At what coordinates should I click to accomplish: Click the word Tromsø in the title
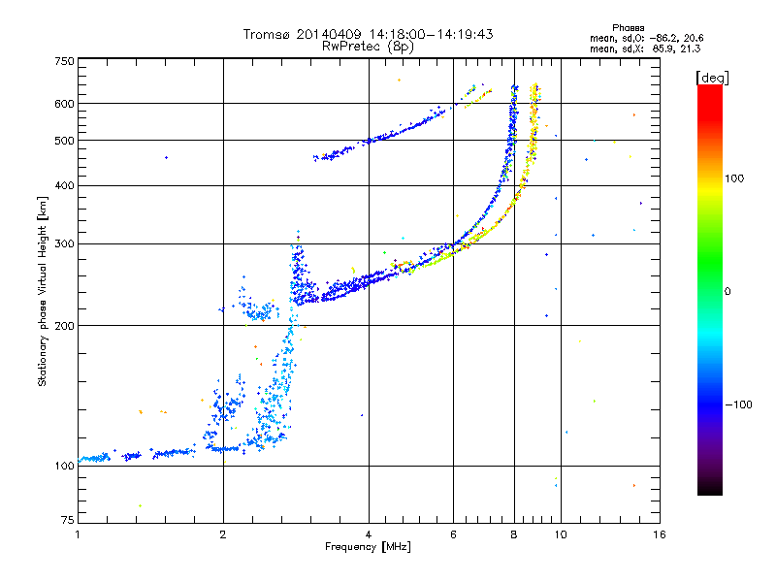click(x=267, y=34)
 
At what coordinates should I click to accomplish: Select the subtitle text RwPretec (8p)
click(x=368, y=47)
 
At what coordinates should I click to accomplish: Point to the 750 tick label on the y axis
click(x=65, y=61)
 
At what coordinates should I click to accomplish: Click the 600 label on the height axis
click(x=65, y=104)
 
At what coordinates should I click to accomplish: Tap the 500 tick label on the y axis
click(x=65, y=141)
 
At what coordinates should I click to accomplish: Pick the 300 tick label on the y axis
click(x=65, y=244)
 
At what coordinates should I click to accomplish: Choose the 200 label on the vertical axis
click(x=65, y=326)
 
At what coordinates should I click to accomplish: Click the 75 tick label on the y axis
click(x=68, y=520)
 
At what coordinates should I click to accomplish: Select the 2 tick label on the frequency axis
click(x=223, y=534)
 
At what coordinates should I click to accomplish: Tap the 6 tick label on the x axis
click(x=453, y=534)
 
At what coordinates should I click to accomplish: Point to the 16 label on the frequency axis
click(x=660, y=534)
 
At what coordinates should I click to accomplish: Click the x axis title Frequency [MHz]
click(x=368, y=547)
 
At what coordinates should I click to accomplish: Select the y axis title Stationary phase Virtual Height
click(x=42, y=303)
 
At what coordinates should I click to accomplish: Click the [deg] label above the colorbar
click(x=712, y=78)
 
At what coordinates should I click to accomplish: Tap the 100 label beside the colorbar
click(x=734, y=178)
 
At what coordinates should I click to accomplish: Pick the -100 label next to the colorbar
click(x=738, y=404)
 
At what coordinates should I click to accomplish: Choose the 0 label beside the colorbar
click(x=727, y=292)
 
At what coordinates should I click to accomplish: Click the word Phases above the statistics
click(x=628, y=28)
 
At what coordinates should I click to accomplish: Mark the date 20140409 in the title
click(x=329, y=34)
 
